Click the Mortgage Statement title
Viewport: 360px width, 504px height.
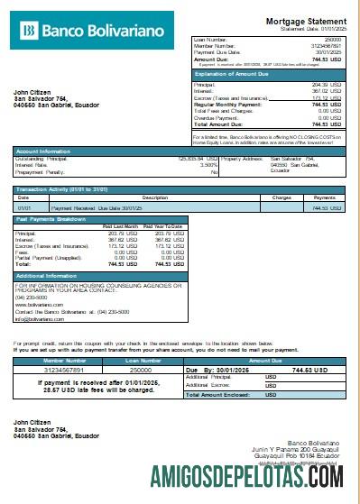[x=305, y=21]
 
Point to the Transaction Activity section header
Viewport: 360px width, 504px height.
[x=55, y=189]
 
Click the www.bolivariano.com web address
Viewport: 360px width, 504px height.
[x=39, y=305]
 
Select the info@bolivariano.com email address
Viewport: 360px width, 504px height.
[x=40, y=318]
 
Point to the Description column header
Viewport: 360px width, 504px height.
[x=155, y=197]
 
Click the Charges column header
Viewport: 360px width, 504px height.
[x=281, y=197]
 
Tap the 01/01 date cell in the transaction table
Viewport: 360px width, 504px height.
[x=24, y=207]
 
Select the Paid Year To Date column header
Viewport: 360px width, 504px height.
[x=163, y=225]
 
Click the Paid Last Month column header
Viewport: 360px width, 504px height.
[x=120, y=225]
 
